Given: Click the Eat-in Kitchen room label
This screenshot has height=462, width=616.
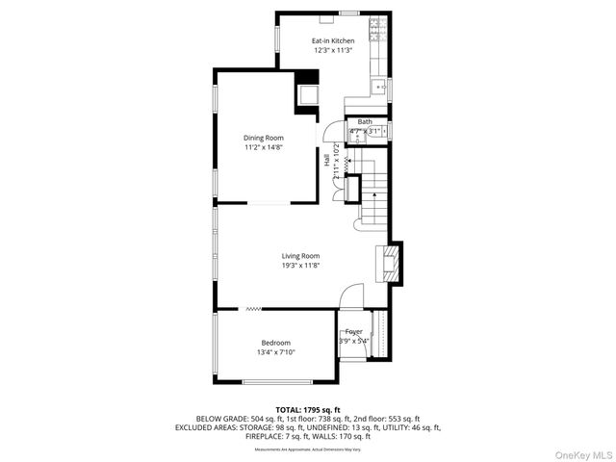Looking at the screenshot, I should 333,40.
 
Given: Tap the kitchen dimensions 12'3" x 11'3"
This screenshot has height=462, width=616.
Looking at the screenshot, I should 333,50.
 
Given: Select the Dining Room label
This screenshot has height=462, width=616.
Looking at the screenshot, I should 263,138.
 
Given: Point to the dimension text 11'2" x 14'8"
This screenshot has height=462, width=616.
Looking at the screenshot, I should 263,147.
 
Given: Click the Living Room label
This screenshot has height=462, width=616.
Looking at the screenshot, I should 300,255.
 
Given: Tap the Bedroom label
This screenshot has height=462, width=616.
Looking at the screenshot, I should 275,343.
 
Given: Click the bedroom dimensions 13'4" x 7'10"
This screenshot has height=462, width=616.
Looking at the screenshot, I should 275,352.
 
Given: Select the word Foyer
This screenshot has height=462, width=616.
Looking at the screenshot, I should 354,331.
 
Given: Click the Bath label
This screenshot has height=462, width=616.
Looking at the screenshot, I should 365,122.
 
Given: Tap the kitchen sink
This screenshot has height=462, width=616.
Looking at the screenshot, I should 381,88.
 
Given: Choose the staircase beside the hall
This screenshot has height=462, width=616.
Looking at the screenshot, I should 370,192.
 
